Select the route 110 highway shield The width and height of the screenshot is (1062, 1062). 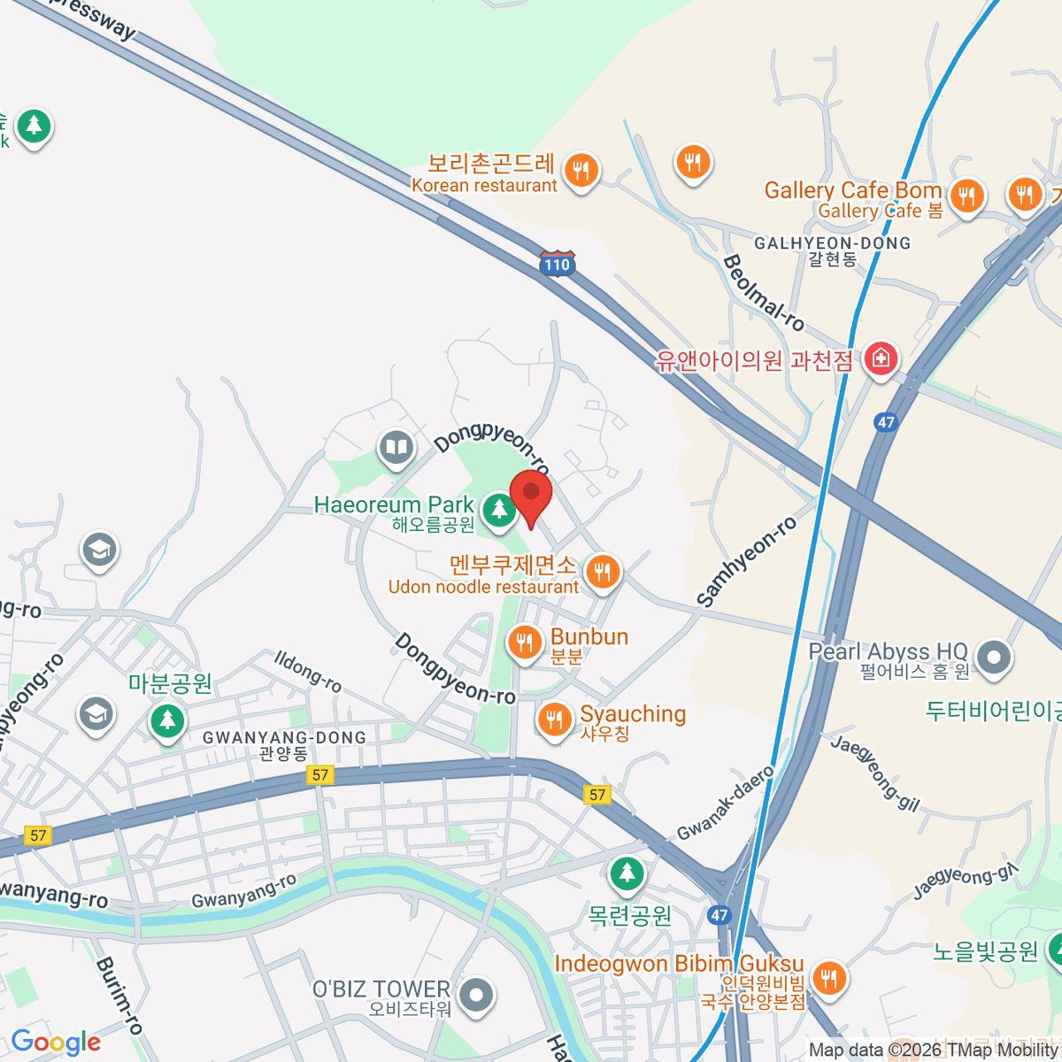pos(558,264)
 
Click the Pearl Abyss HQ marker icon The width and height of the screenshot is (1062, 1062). pos(996,658)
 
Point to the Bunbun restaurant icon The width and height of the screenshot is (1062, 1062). pos(525,643)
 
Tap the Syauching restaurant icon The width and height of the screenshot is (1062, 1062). pos(555,720)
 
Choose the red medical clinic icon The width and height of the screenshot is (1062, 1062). pos(881,359)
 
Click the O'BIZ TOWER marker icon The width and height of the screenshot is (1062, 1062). pos(477,995)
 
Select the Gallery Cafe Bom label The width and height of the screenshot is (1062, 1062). pos(852,199)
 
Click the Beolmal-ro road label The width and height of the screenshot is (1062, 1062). pos(763,293)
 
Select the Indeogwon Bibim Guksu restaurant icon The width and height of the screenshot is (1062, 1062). pos(828,979)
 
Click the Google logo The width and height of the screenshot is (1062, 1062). pos(56,1043)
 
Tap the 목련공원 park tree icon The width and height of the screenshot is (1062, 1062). pos(627,874)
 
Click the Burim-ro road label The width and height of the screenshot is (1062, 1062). pos(119,996)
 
